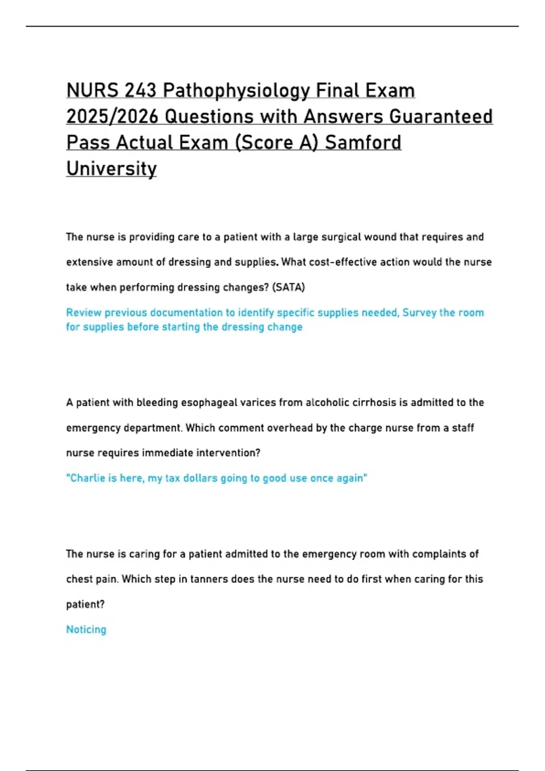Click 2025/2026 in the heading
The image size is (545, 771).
coord(112,117)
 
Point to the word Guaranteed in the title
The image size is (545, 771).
coord(441,117)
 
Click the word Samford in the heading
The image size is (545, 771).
coord(363,142)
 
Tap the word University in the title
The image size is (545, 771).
coord(111,169)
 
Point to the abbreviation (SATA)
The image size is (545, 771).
coord(288,287)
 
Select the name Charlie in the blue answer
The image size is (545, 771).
coord(87,478)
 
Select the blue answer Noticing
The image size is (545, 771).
coord(86,629)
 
